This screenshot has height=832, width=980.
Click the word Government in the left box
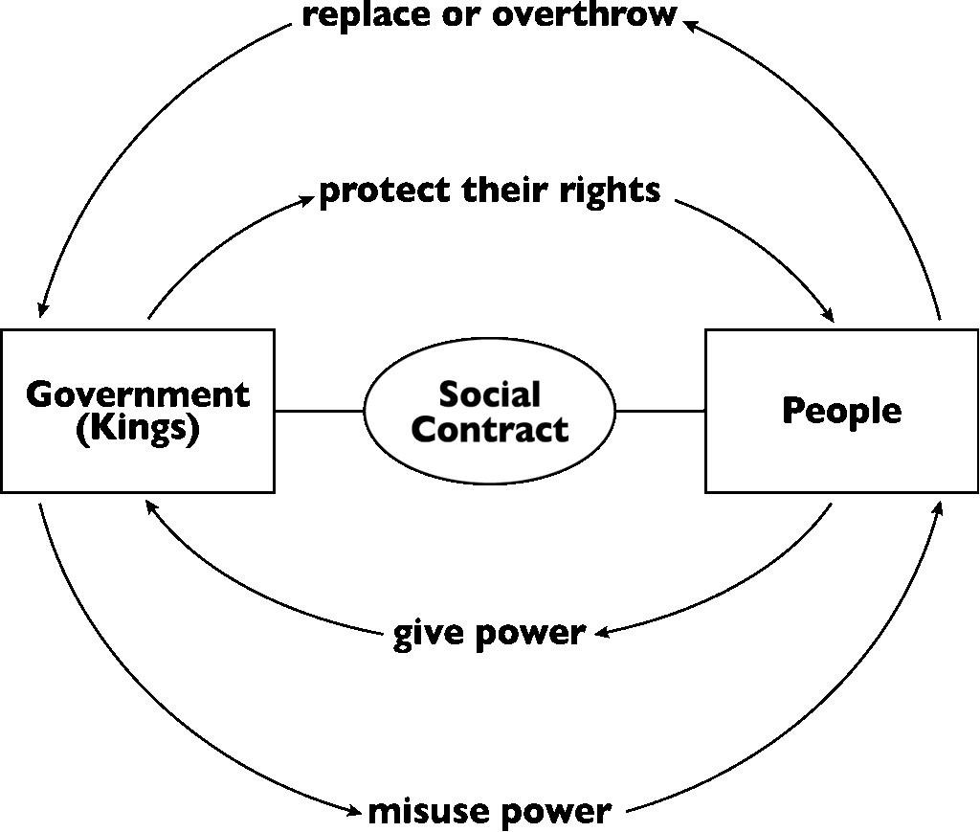pyautogui.click(x=138, y=394)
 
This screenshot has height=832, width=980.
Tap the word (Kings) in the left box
pyautogui.click(x=138, y=428)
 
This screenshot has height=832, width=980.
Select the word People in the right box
pyautogui.click(x=841, y=411)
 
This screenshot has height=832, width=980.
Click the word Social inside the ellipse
pyautogui.click(x=490, y=394)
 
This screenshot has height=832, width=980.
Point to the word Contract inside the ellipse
pyautogui.click(x=490, y=429)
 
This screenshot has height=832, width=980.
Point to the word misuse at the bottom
pyautogui.click(x=422, y=811)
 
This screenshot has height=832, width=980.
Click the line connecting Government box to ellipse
pyautogui.click(x=319, y=412)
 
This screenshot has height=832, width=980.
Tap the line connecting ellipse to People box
pyautogui.click(x=660, y=412)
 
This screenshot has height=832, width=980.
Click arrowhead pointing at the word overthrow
pyautogui.click(x=691, y=25)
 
